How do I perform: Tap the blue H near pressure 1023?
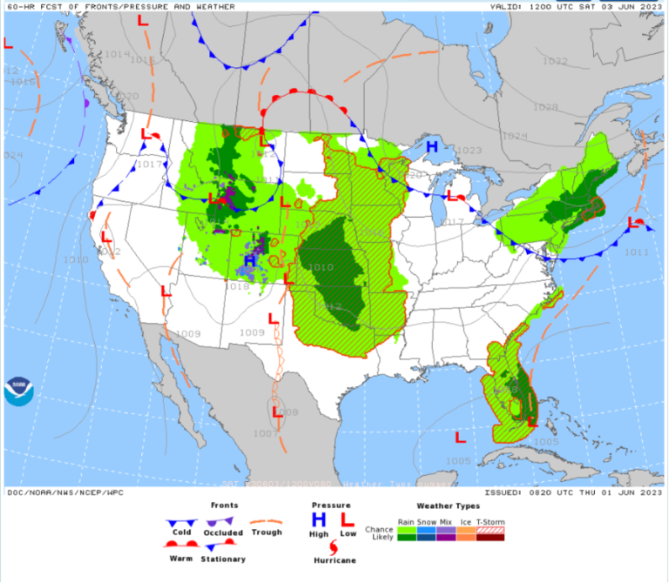tap(431, 147)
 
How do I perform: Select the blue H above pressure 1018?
tap(250, 261)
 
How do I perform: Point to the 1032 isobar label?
tap(555, 62)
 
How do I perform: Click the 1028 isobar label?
tap(545, 107)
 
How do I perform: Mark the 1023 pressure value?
tap(469, 151)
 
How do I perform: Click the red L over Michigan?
tap(451, 198)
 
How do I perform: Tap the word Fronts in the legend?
tap(225, 505)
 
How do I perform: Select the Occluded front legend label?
tap(222, 533)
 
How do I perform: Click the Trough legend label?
tap(267, 533)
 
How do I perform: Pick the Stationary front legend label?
tap(222, 559)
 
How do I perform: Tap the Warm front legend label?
tap(181, 559)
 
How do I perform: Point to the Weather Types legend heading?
tap(448, 505)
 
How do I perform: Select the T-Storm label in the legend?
tap(490, 522)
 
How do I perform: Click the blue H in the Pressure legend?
tap(319, 519)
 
